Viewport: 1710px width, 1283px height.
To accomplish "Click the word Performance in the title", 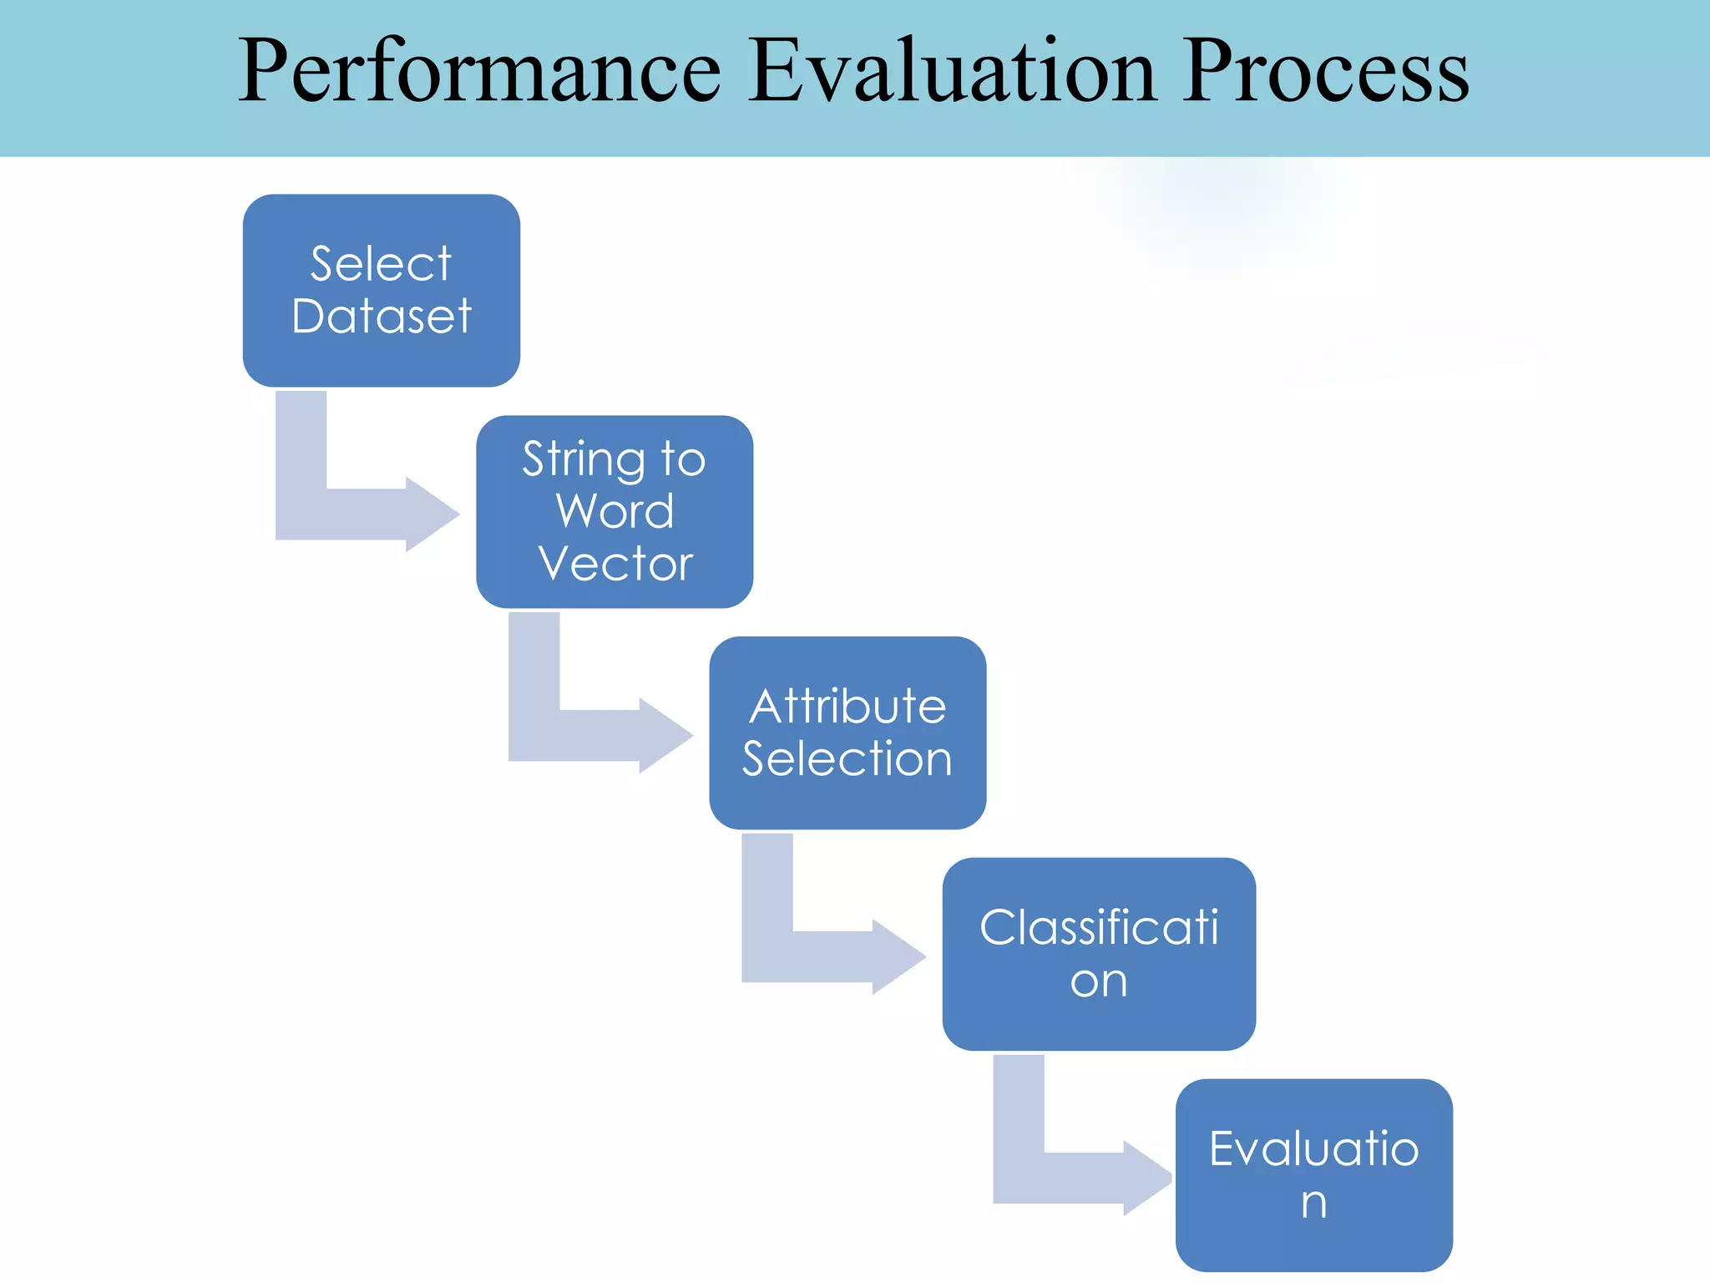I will (479, 73).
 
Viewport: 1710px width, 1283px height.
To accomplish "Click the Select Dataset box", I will (382, 291).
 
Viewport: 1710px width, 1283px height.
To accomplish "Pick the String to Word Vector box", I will (615, 511).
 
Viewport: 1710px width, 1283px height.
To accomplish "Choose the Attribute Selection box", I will (847, 733).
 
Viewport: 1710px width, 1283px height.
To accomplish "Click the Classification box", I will (1099, 954).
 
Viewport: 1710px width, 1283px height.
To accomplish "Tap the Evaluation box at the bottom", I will (1313, 1174).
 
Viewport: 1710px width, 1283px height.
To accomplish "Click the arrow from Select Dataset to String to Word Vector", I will (351, 511).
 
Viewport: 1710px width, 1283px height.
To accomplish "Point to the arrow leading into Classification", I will (818, 955).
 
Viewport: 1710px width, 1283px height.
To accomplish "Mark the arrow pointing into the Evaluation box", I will (1069, 1176).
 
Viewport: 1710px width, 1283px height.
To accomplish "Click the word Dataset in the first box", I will (382, 317).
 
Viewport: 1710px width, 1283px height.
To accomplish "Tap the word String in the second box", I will (584, 460).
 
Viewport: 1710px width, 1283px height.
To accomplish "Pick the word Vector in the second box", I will (615, 563).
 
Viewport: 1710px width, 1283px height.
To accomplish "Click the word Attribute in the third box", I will (847, 707).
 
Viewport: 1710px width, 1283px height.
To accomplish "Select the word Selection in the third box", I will (847, 758).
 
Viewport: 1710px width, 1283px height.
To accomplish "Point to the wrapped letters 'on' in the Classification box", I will (1098, 981).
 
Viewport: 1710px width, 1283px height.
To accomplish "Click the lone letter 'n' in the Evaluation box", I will (1313, 1203).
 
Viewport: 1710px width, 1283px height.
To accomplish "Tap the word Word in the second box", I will (615, 511).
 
